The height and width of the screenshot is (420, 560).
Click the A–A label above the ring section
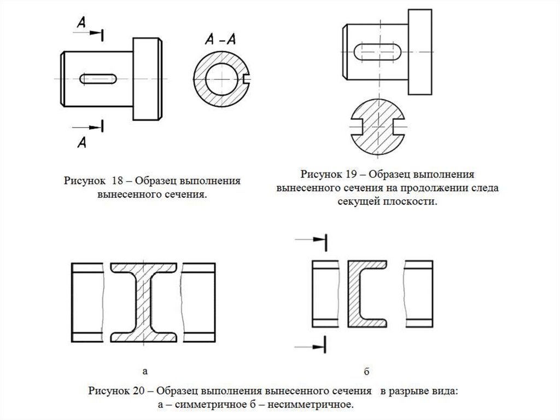coord(221,40)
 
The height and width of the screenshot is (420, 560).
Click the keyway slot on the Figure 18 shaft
coord(100,78)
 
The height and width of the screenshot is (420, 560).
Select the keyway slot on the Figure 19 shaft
coord(376,53)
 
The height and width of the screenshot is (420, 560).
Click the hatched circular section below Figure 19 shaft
coord(376,129)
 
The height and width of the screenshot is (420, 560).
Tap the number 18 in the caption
coord(119,181)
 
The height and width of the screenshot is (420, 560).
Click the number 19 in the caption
coord(351,175)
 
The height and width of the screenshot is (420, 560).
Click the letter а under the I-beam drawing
coord(145,371)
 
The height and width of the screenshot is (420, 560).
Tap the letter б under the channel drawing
coord(366,372)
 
